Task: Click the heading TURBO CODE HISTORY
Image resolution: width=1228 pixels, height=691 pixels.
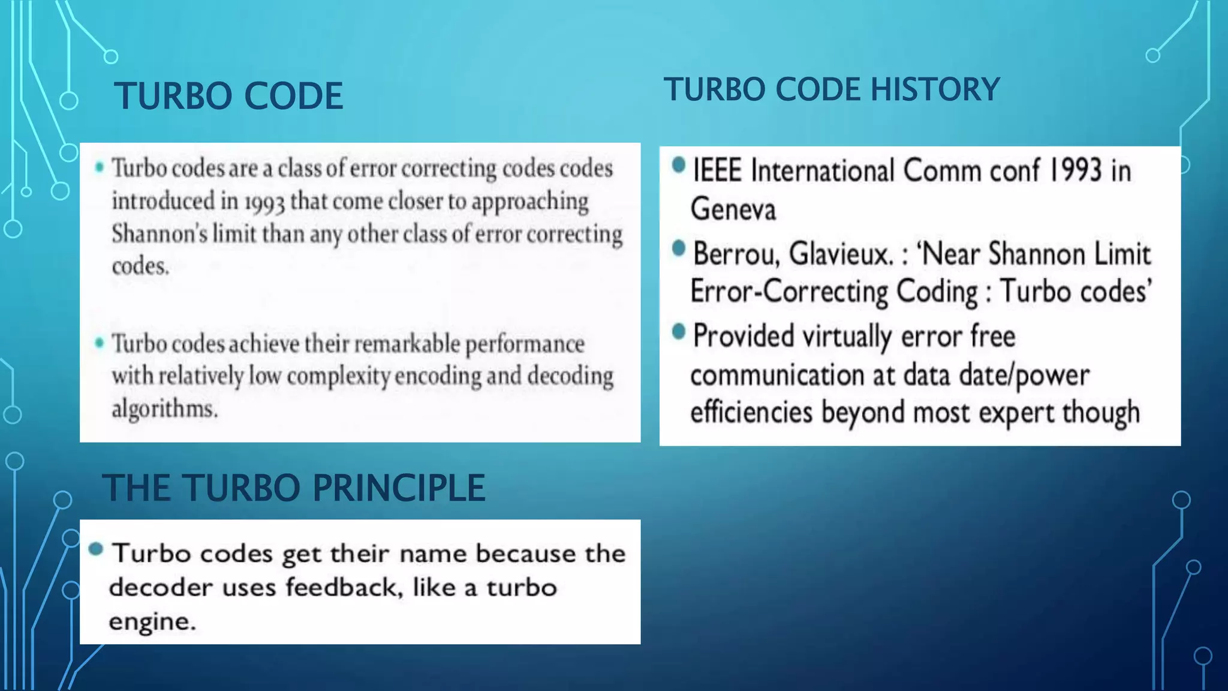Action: click(x=831, y=89)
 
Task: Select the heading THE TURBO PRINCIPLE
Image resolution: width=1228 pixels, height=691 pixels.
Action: click(x=293, y=488)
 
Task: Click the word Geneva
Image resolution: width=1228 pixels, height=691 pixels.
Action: click(x=733, y=209)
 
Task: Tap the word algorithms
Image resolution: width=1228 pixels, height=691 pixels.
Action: click(x=164, y=409)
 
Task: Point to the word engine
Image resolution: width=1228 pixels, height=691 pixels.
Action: click(x=152, y=621)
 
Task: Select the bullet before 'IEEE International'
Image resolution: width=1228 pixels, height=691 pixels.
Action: click(x=678, y=165)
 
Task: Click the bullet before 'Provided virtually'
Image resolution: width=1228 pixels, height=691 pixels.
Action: click(x=678, y=331)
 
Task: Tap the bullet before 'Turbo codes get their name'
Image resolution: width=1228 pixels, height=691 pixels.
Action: click(x=96, y=549)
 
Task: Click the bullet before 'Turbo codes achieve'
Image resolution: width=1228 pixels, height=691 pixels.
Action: click(x=100, y=343)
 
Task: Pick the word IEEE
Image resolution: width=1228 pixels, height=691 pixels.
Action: click(x=717, y=170)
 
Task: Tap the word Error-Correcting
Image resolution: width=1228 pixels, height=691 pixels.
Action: click(x=788, y=292)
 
